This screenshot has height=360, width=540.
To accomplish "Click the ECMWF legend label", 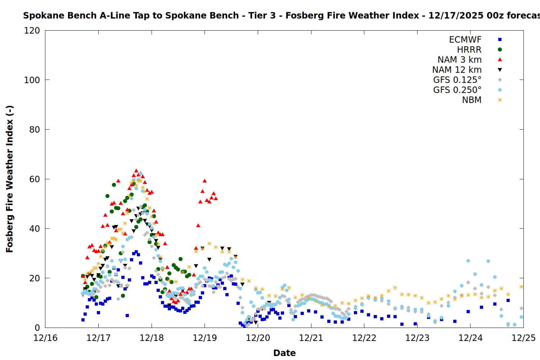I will point(465,40).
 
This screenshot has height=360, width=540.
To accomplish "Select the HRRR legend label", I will point(469,50).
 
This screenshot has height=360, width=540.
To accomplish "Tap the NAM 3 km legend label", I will point(459,60).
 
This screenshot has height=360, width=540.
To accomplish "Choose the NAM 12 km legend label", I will point(457,70).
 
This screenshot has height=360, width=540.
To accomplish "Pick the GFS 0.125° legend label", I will point(457,80).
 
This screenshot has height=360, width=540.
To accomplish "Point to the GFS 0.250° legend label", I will point(457,90).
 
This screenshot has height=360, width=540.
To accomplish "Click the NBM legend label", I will point(472,100).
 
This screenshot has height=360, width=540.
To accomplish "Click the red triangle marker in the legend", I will point(500,59).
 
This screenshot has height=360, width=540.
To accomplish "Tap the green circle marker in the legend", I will point(500,50).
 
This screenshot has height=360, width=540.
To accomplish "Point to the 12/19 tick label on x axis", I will point(205,338).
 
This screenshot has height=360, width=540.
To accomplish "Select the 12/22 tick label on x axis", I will point(364,338).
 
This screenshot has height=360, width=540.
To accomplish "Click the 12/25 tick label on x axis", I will point(523,338).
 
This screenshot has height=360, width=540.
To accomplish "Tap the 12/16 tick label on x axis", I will point(45,338).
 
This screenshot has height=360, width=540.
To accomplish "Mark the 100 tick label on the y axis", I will point(32,80).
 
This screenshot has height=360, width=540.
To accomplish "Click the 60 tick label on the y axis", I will point(35,179).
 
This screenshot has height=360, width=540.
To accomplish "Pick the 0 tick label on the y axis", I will point(37,328).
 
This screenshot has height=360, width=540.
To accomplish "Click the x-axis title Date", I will point(284,353).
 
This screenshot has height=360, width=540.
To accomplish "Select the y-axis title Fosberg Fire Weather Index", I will point(10,179).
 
